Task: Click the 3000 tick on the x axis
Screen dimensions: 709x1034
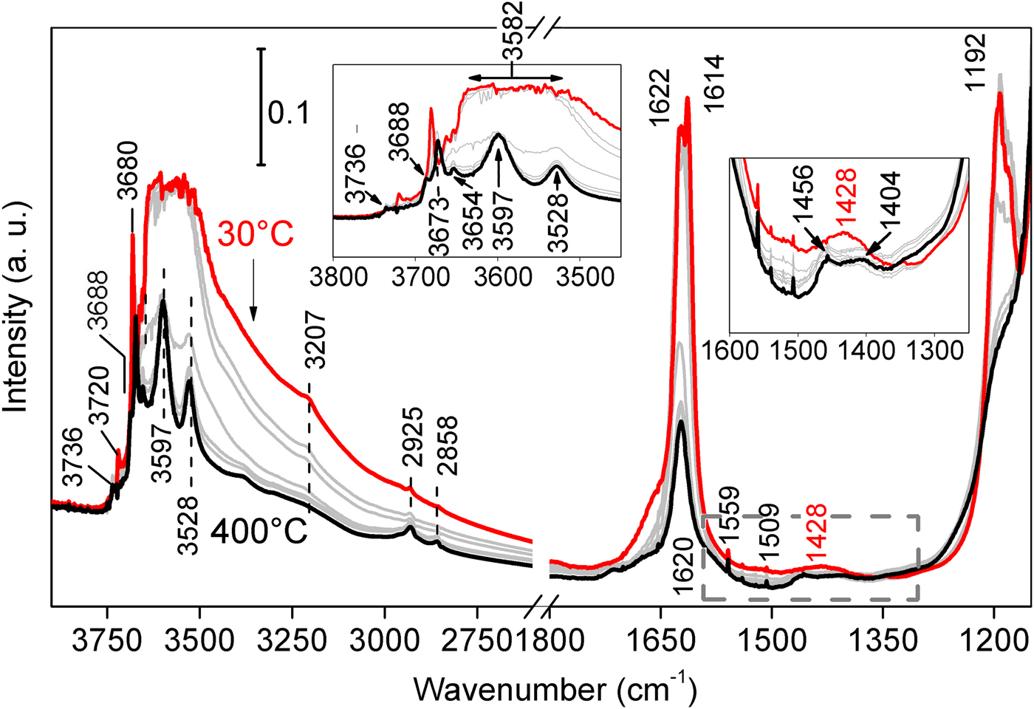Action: click(x=384, y=643)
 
